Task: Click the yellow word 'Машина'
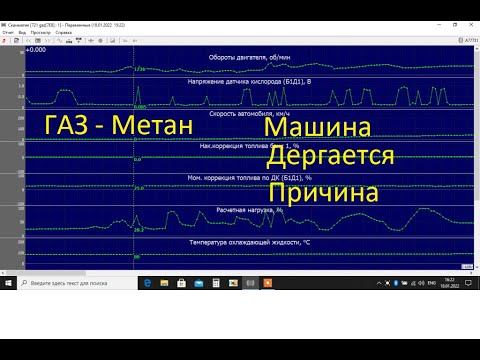(318, 129)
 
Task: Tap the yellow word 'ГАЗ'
(71, 127)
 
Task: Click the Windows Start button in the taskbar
(7, 284)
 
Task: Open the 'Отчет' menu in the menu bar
(8, 32)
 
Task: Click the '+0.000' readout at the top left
(35, 49)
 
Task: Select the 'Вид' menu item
(21, 32)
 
